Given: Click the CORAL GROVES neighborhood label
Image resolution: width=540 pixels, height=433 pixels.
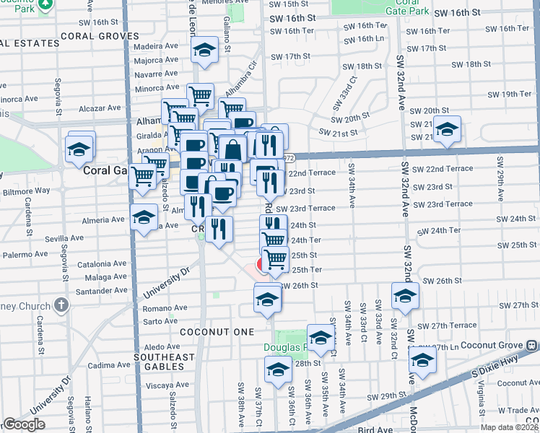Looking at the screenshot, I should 100,35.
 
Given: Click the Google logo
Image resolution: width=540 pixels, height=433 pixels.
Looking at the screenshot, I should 24,425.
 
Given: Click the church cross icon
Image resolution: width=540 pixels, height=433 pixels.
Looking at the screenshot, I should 60,303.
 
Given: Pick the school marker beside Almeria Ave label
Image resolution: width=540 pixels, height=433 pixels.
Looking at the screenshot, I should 144,216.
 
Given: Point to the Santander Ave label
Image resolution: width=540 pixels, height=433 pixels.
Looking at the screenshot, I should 110,291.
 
